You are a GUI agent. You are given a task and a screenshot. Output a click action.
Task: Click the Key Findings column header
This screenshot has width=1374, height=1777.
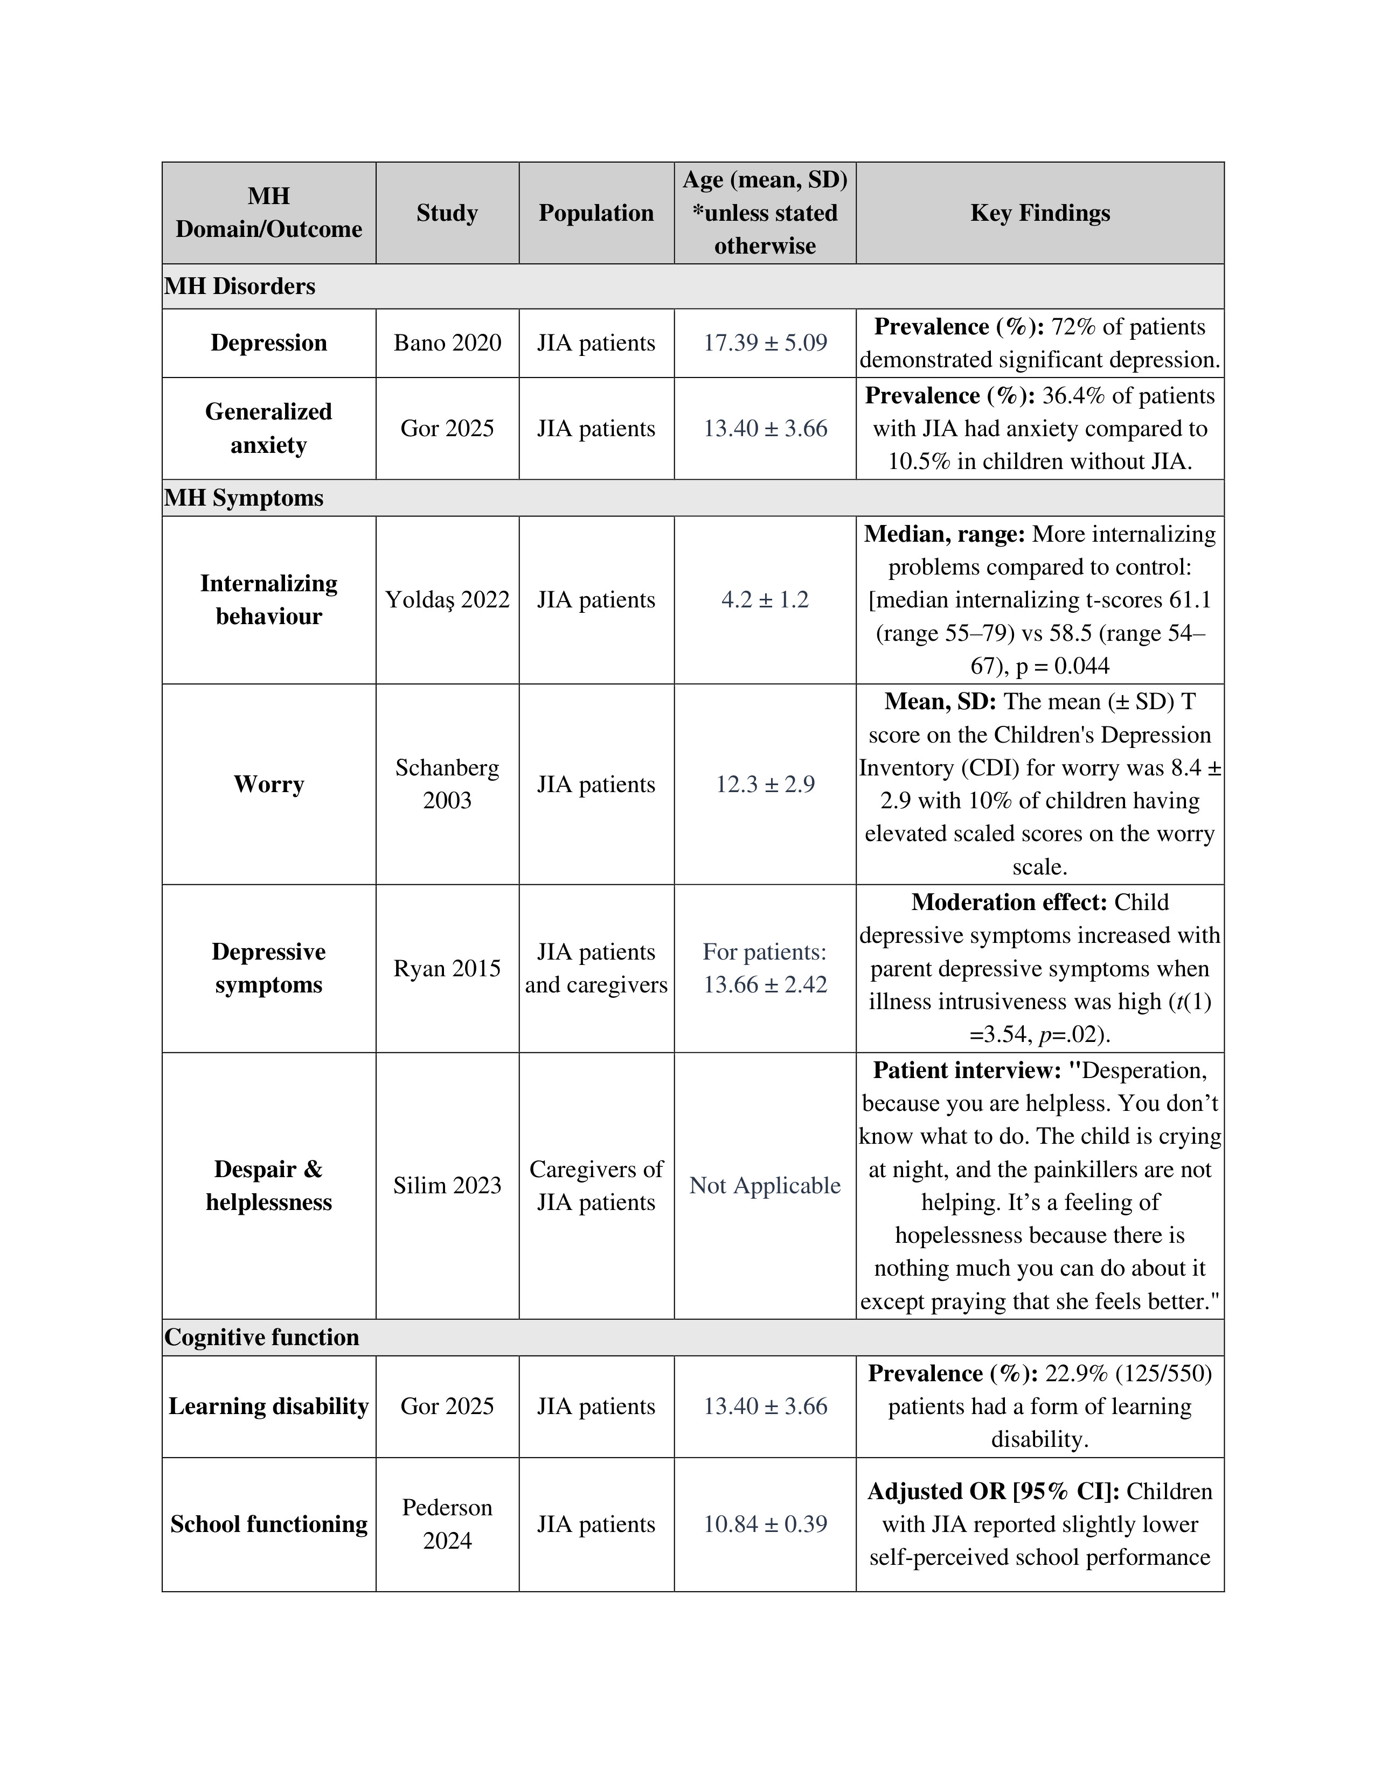[x=1039, y=213]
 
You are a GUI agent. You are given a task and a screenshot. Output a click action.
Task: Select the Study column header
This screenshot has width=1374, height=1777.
[x=447, y=213]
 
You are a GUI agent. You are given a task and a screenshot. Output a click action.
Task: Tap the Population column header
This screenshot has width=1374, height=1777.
[x=596, y=213]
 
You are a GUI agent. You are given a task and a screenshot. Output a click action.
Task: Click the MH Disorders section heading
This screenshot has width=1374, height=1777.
[x=240, y=286]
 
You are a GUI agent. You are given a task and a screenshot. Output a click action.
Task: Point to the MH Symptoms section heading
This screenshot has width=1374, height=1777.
[x=244, y=498]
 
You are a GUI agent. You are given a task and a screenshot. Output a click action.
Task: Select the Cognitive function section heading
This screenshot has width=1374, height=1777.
[x=261, y=1338]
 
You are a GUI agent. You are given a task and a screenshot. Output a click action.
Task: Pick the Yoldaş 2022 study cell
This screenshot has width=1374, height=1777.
[x=447, y=600]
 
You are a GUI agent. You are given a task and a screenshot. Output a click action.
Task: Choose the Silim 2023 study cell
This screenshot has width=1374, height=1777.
[x=447, y=1186]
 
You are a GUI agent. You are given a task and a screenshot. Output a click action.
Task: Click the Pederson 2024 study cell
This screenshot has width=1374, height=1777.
[x=447, y=1524]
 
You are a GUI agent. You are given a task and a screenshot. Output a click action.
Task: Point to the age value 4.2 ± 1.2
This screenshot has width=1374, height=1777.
[x=765, y=600]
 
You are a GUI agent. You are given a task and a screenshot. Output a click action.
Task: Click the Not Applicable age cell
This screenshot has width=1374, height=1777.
[x=765, y=1186]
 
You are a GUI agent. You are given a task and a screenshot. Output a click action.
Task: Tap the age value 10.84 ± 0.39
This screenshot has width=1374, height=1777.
[x=765, y=1524]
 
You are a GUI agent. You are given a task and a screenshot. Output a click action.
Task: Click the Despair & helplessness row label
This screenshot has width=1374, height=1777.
[x=269, y=1186]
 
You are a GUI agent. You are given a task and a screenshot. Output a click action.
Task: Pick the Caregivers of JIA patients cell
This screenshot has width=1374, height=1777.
[x=596, y=1186]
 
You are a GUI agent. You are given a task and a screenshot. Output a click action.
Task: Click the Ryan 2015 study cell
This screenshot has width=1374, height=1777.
[x=447, y=968]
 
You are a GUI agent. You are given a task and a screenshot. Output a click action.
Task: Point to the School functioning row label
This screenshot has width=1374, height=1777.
[x=269, y=1524]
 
